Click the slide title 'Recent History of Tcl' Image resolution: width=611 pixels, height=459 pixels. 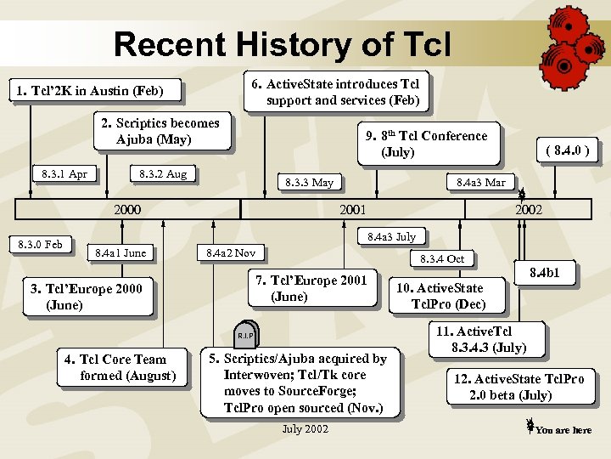tap(283, 43)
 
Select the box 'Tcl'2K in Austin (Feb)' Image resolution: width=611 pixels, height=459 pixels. tap(86, 90)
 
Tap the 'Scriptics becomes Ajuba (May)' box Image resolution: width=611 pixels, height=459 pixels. tap(160, 132)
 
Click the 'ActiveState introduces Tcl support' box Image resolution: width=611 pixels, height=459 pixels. tap(336, 92)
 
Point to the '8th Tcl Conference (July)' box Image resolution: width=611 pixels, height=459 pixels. tap(426, 144)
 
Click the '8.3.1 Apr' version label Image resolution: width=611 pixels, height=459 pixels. tap(64, 174)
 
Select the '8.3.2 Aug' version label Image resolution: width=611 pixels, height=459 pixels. tap(163, 174)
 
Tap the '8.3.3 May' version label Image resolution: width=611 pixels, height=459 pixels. tap(310, 182)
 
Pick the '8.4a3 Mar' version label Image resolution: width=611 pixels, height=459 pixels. tap(480, 182)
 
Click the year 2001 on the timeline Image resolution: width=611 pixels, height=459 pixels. tap(352, 209)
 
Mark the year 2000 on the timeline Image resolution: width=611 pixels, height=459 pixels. tap(127, 209)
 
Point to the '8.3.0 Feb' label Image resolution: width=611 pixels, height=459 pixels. tap(41, 245)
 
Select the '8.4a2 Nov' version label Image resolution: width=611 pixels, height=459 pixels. tap(232, 252)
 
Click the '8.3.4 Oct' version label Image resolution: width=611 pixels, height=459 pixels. tap(444, 258)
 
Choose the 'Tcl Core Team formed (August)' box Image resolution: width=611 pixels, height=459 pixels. tap(121, 367)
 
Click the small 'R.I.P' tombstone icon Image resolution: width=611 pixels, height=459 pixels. tap(244, 336)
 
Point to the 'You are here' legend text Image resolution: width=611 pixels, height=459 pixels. tap(563, 430)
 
